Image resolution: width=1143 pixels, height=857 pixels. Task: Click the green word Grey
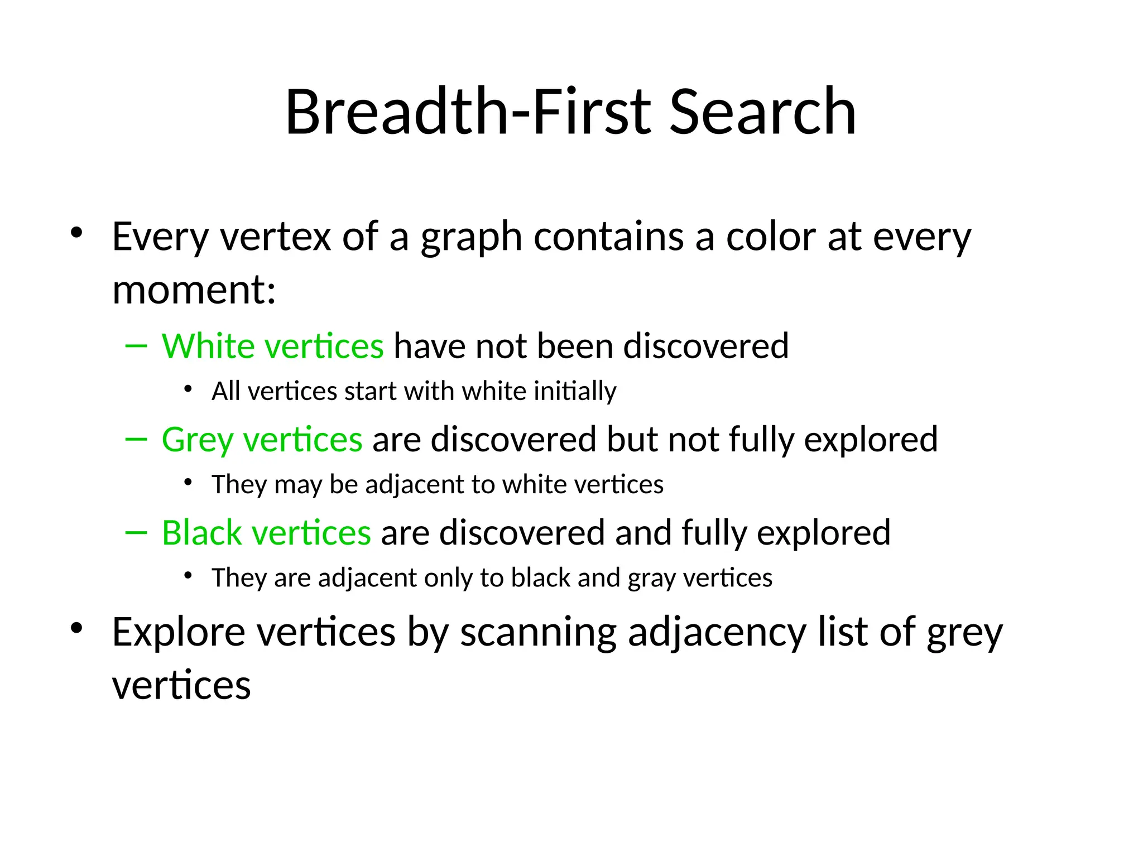(197, 440)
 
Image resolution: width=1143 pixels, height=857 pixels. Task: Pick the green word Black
(201, 533)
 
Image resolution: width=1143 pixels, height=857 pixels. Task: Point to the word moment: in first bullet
(194, 290)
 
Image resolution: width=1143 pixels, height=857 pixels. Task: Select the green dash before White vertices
(136, 346)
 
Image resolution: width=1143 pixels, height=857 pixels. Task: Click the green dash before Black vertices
(136, 533)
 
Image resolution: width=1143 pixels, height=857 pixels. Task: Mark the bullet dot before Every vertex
(76, 233)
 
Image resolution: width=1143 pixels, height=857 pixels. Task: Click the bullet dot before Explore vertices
(76, 628)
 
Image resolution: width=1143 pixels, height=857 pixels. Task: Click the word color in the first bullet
(770, 237)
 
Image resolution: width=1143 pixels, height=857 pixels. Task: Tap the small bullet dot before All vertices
(188, 389)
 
